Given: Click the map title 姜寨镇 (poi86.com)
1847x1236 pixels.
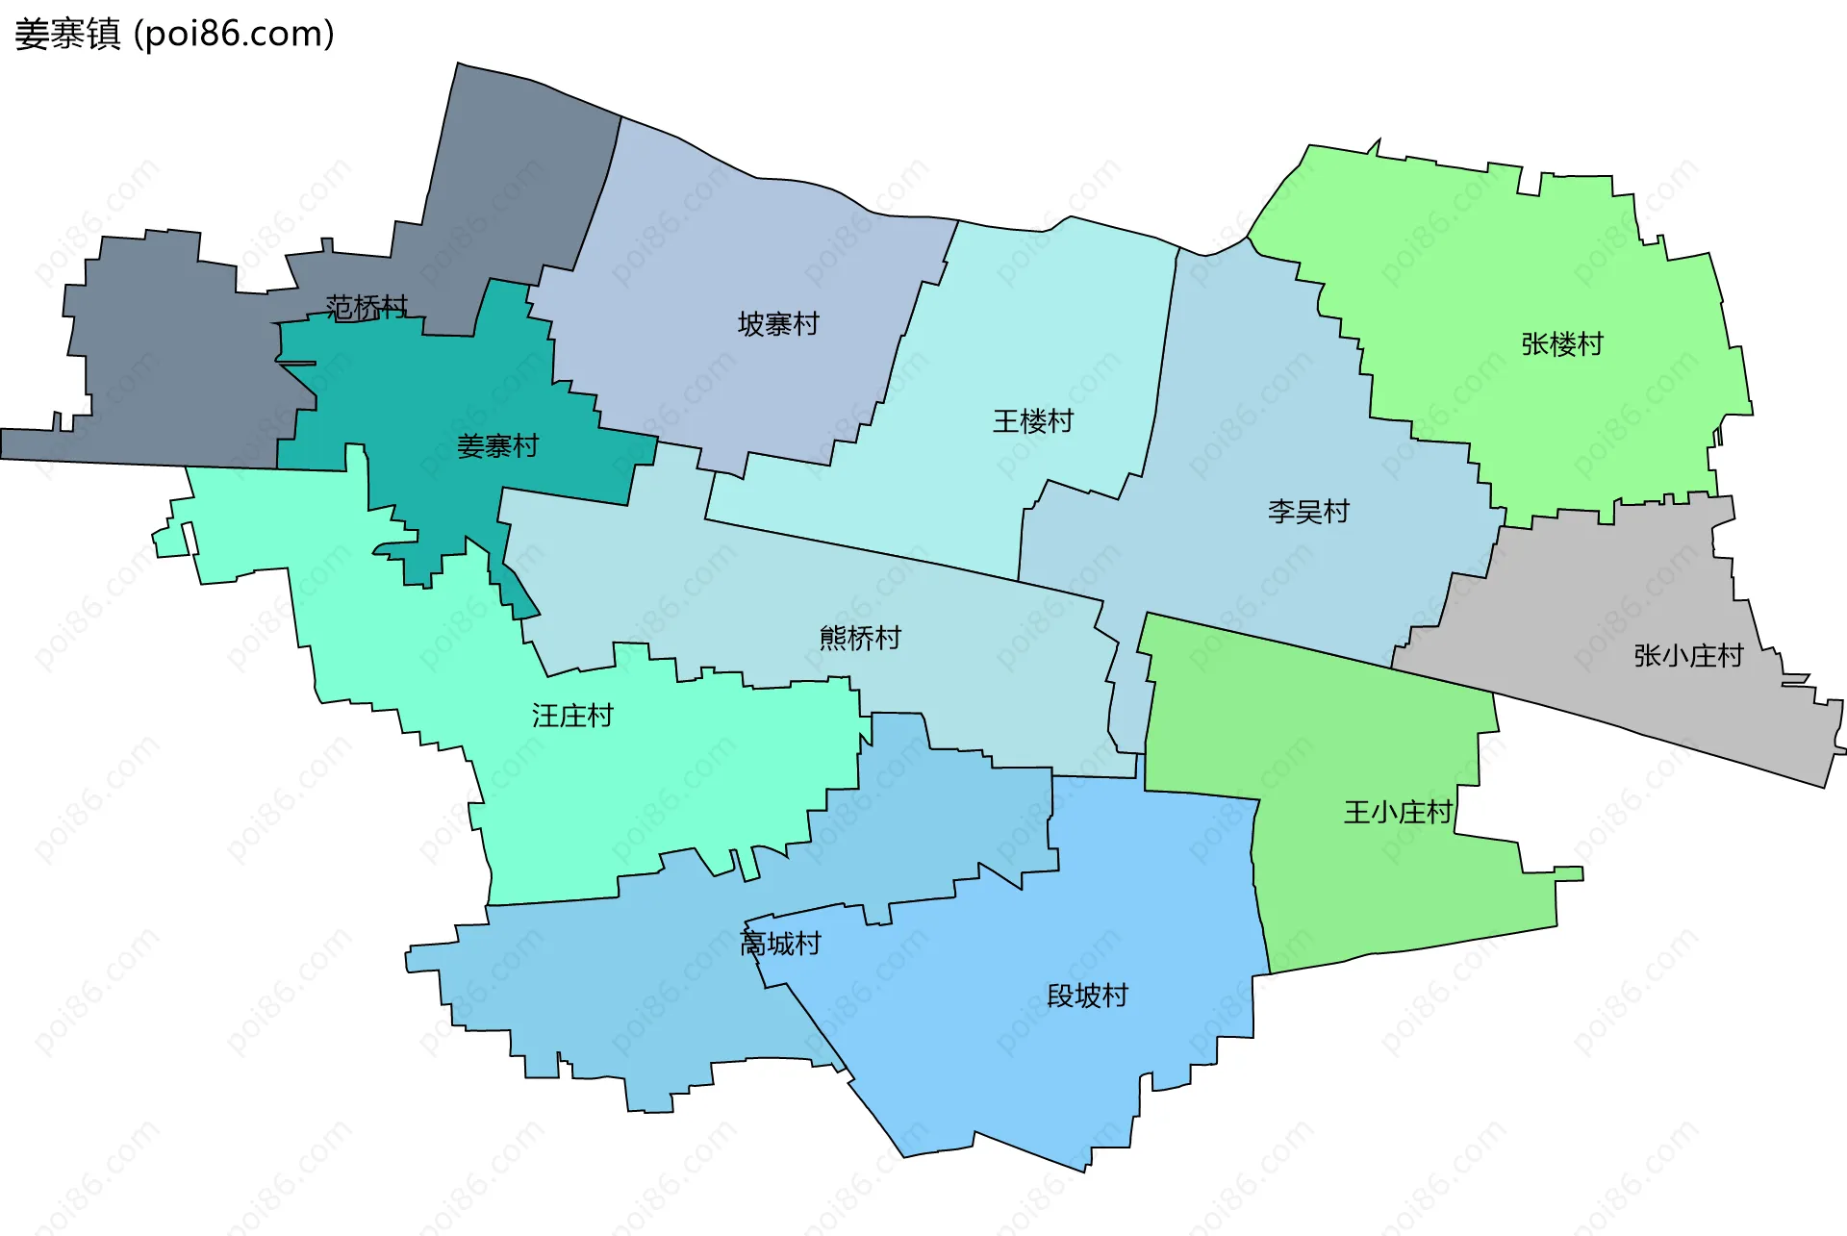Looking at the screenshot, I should pos(174,34).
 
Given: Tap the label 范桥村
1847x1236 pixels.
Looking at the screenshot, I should pos(367,308).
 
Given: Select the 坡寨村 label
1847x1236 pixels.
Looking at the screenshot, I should pos(778,324).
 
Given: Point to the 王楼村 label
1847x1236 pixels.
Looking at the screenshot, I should pos(1033,421).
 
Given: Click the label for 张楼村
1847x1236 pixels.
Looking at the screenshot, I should pos(1562,344).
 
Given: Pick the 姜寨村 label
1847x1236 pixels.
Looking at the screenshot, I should pos(497,446).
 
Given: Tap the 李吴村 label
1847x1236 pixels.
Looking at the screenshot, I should pos(1308,512).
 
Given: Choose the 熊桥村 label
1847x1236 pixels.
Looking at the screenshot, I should pos(860,638).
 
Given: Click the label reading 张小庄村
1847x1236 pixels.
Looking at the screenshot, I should pos(1688,656).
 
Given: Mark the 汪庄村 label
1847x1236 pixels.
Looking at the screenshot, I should pos(572,716).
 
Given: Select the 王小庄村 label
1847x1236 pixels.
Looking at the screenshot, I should pos(1398,813).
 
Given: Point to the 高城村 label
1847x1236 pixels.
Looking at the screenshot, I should pos(780,944).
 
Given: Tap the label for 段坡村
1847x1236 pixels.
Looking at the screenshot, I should pos(1087,996).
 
